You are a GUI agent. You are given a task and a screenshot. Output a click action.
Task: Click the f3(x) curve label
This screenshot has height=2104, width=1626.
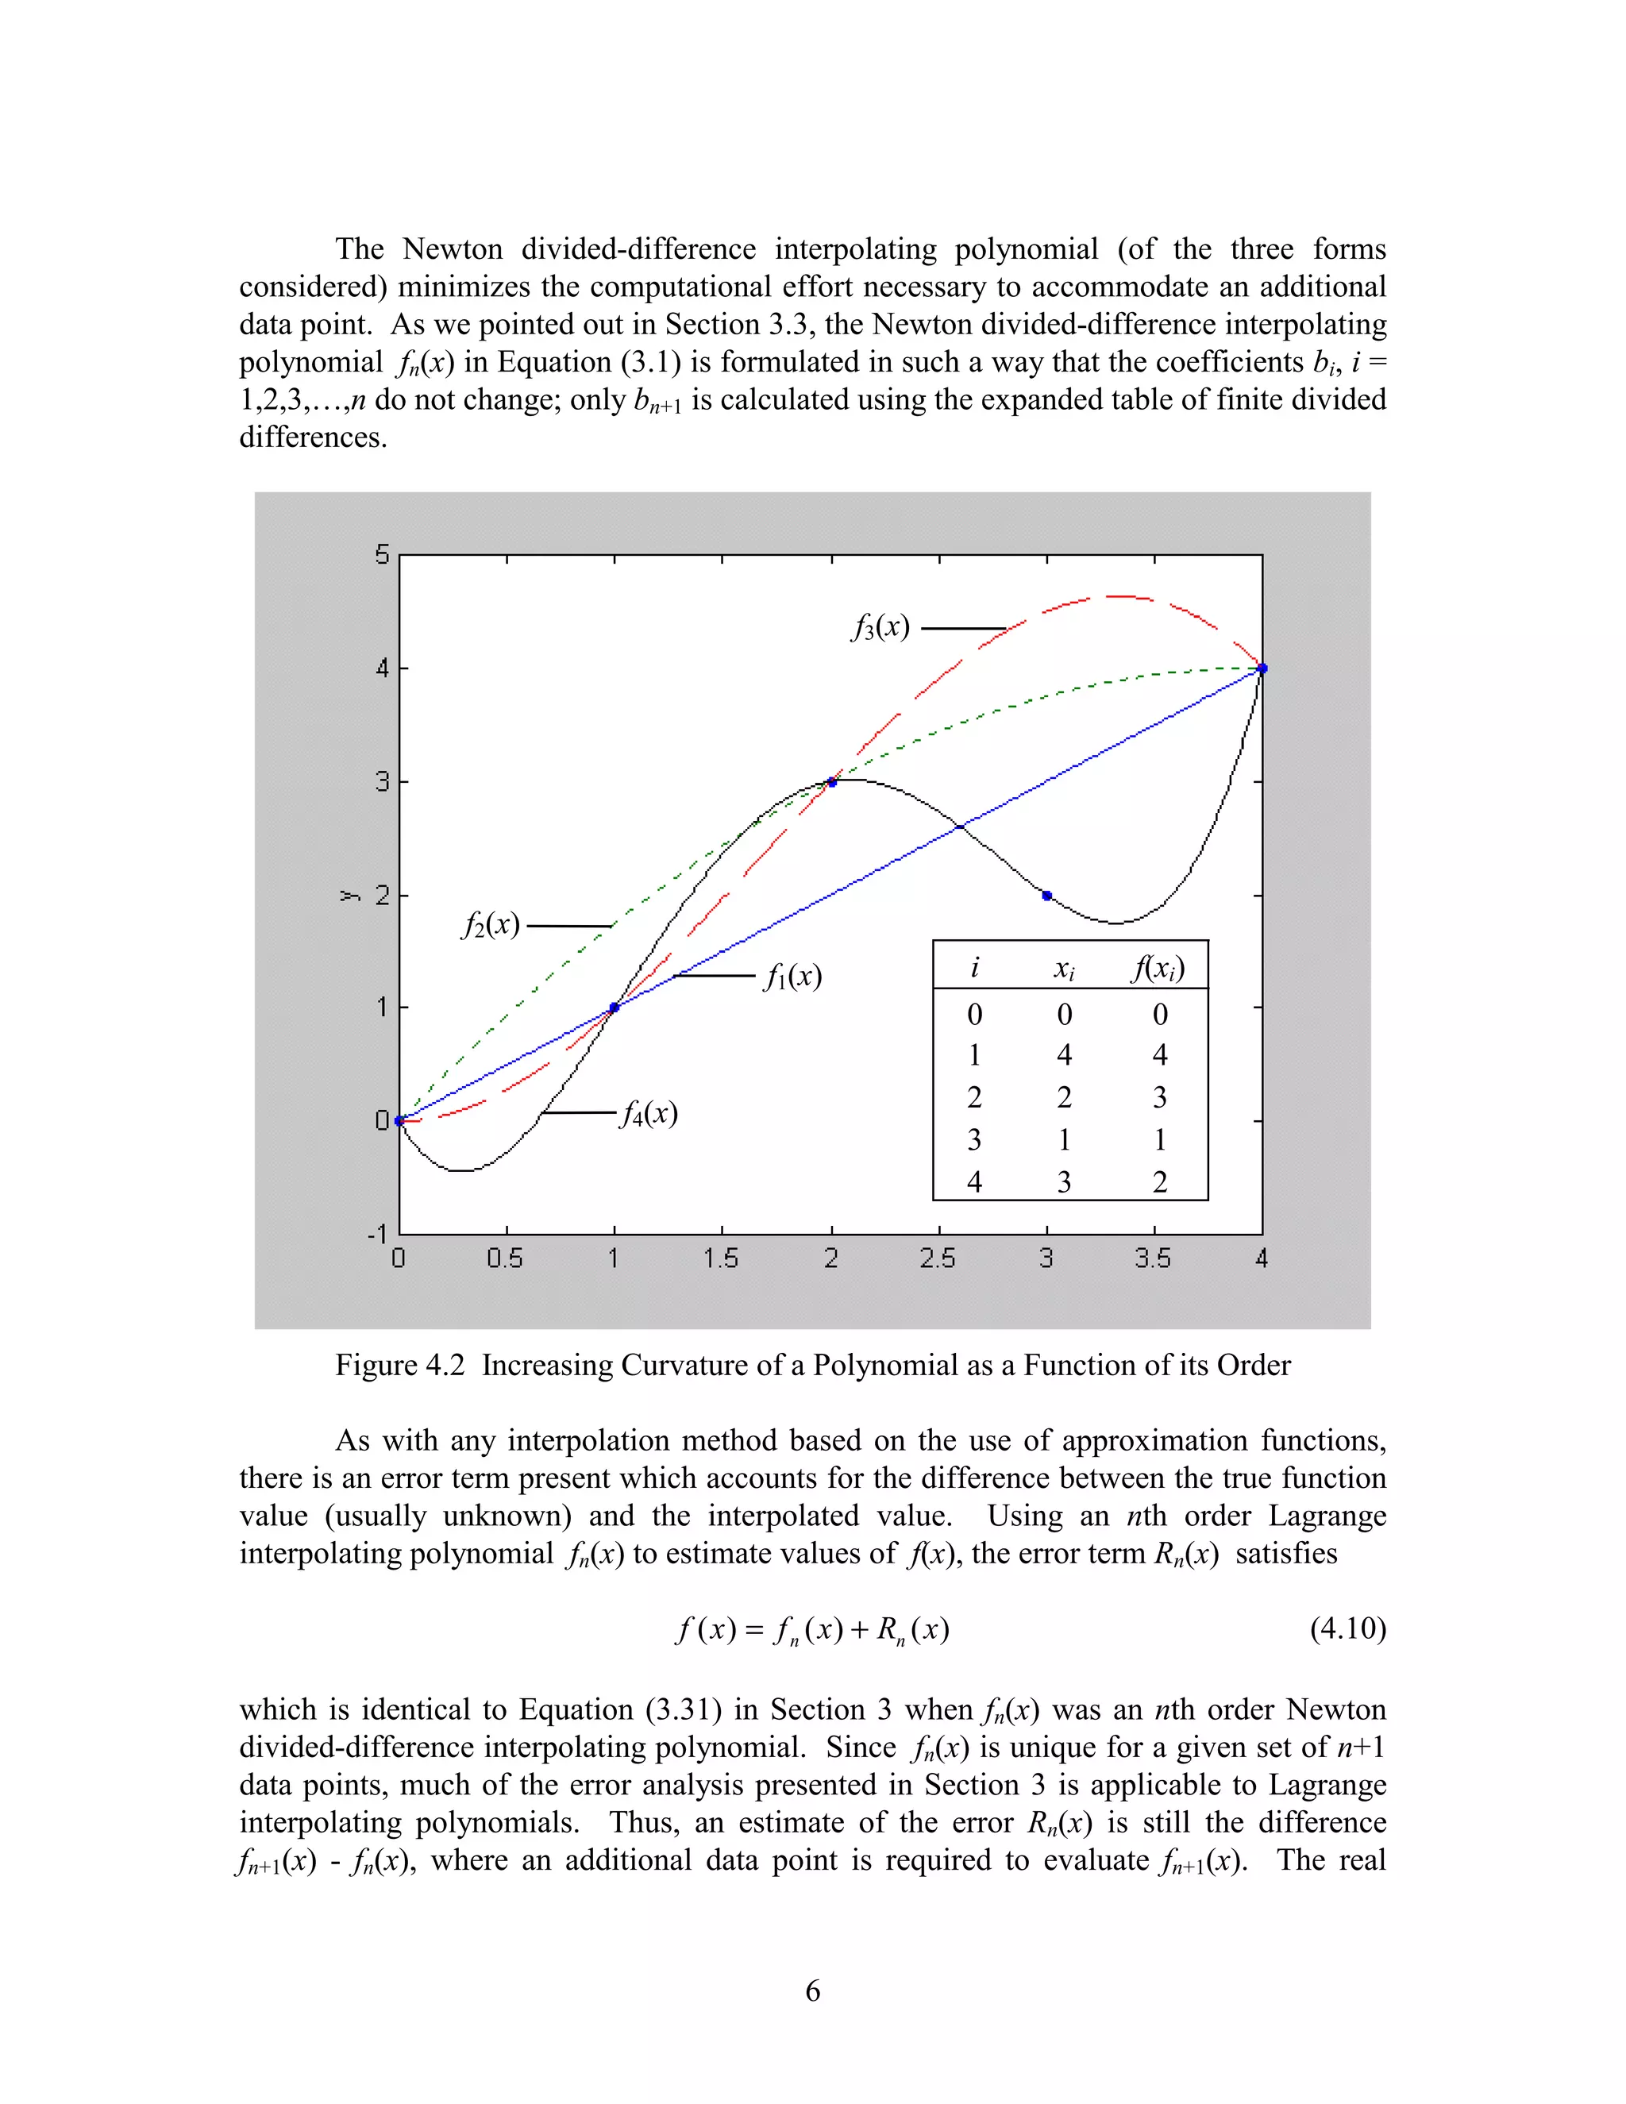pyautogui.click(x=880, y=628)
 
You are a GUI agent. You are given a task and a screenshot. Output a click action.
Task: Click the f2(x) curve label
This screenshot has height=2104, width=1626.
pyautogui.click(x=491, y=926)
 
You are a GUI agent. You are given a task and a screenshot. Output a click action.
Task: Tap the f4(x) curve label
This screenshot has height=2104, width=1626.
pyautogui.click(x=649, y=1114)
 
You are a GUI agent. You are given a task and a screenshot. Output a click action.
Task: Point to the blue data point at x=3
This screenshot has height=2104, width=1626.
pyautogui.click(x=1047, y=896)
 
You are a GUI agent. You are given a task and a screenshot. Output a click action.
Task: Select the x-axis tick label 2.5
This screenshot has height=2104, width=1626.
pyautogui.click(x=938, y=1258)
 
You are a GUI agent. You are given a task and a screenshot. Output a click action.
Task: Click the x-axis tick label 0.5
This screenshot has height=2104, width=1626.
pyautogui.click(x=505, y=1258)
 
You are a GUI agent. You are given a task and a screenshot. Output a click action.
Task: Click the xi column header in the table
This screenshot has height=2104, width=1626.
pyautogui.click(x=1063, y=968)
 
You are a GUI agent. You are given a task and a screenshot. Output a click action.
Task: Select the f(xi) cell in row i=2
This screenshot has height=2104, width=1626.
pyautogui.click(x=1160, y=1097)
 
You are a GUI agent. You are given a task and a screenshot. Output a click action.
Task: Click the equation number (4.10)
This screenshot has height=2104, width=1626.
pyautogui.click(x=1347, y=1629)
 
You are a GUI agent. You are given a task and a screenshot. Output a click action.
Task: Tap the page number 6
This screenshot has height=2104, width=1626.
pyautogui.click(x=812, y=1991)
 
